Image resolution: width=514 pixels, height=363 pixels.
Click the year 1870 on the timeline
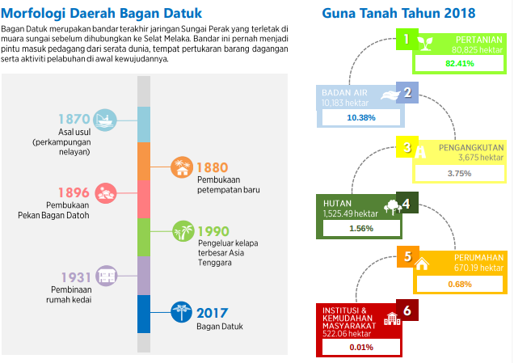tap(74, 119)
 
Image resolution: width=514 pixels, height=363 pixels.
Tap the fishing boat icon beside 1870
tap(105, 120)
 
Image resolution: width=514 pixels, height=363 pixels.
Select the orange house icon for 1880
tap(182, 167)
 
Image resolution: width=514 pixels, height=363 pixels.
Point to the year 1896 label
tap(74, 192)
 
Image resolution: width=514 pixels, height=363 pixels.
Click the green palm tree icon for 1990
tap(183, 231)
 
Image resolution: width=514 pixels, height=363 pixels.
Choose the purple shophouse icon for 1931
tap(107, 276)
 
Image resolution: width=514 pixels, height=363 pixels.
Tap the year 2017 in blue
tap(212, 313)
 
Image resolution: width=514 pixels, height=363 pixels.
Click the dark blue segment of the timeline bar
tap(144, 314)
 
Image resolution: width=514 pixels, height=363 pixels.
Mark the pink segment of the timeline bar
tap(144, 199)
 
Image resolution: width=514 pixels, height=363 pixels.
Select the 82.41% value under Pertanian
tap(460, 64)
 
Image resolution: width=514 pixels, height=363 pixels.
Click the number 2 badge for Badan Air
tap(407, 92)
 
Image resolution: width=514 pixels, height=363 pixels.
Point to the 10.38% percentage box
tap(361, 117)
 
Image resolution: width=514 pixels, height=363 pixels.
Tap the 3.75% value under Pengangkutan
tap(460, 173)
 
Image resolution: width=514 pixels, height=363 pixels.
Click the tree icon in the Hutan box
tap(393, 207)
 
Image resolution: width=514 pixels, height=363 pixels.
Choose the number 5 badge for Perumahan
tap(408, 256)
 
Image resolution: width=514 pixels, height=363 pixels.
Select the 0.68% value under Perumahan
tap(460, 284)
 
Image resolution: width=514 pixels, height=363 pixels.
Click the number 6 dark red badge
tap(407, 310)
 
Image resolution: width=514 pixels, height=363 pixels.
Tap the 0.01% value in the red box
tap(361, 347)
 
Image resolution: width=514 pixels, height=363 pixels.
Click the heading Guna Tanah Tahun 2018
tap(398, 13)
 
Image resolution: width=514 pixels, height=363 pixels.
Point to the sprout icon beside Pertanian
tap(425, 44)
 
